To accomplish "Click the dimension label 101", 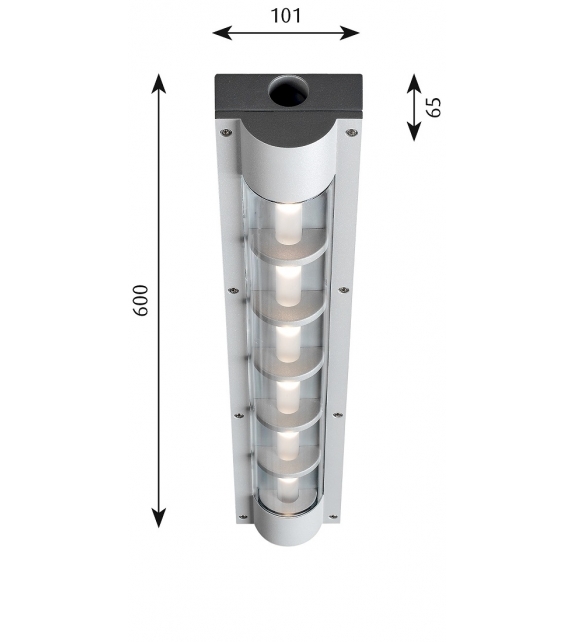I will (285, 15).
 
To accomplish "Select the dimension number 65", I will (433, 107).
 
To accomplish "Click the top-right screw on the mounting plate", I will (350, 131).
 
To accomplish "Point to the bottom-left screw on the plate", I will (240, 517).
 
